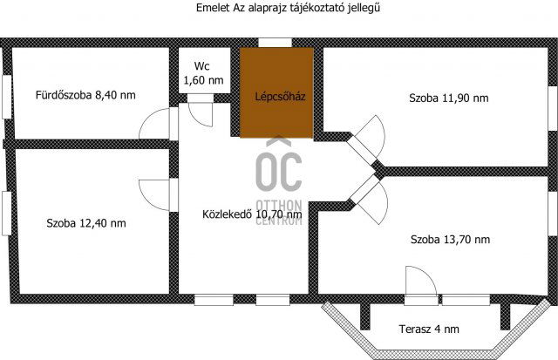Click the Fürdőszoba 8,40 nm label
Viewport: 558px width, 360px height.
[85, 94]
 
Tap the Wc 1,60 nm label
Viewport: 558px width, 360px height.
[202, 73]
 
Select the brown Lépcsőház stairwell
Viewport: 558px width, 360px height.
[278, 93]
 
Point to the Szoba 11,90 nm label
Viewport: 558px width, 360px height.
[448, 98]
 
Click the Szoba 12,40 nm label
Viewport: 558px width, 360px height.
[86, 222]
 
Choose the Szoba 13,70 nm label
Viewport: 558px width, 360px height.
[449, 239]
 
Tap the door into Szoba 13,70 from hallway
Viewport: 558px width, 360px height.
[369, 195]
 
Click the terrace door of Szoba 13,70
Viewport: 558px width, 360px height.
[419, 284]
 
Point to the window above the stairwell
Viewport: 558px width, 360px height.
[275, 41]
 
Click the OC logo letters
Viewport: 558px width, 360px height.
[278, 171]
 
